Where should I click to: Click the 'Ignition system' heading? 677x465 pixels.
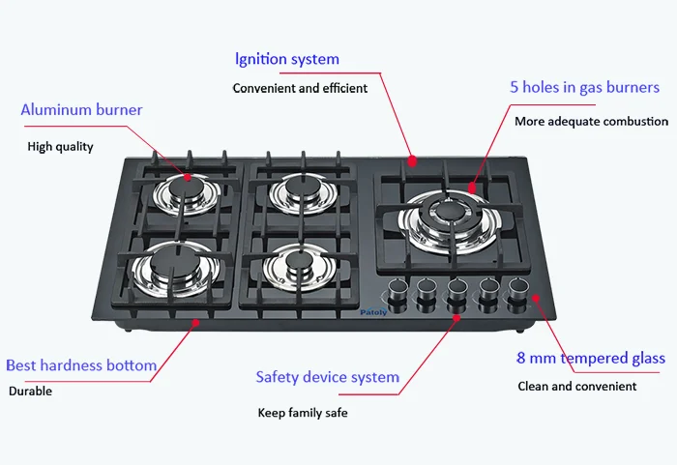287,59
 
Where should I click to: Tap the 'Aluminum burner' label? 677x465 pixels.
81,110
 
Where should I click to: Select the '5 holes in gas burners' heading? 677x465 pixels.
585,88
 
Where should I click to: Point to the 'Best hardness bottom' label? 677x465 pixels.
81,365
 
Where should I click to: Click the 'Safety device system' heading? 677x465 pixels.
327,377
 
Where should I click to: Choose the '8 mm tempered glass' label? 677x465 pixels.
590,359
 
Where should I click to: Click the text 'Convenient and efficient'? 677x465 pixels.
300,88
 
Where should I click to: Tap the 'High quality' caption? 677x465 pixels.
60,147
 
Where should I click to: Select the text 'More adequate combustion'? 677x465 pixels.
591,122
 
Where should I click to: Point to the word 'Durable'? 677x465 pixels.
30,392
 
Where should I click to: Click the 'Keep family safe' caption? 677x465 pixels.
302,413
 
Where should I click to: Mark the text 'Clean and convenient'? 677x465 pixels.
576,386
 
